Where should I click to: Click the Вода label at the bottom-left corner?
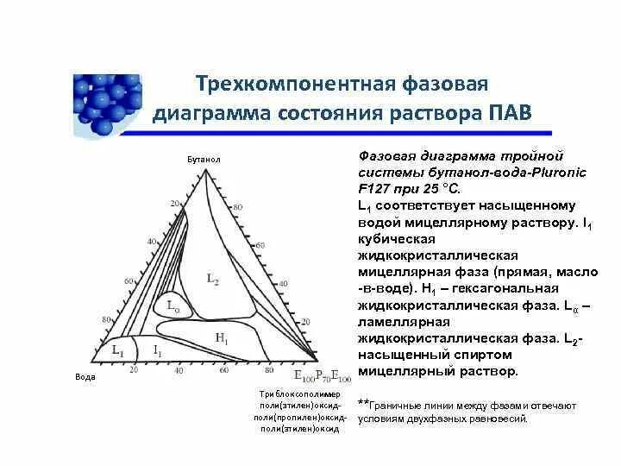tap(85, 378)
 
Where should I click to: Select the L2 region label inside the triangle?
tap(213, 278)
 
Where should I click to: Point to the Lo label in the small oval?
tap(172, 306)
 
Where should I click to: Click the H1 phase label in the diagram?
tap(222, 339)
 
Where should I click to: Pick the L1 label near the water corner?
tap(118, 349)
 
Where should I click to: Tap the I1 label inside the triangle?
tap(157, 349)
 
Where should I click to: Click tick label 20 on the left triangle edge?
tap(174, 204)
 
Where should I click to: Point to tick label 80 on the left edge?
tap(109, 319)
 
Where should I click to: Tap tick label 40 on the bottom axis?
tap(179, 370)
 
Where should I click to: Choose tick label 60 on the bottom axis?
tap(223, 370)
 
